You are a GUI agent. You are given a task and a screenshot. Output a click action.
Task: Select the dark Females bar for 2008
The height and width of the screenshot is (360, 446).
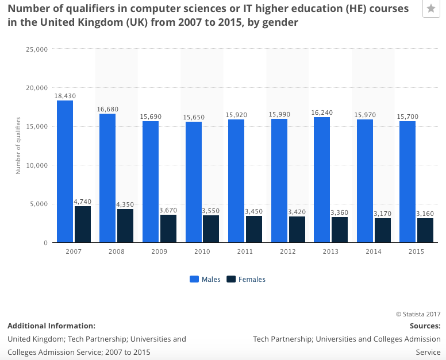pos(125,226)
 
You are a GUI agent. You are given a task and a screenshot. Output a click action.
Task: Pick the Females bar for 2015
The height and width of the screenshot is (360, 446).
pos(425,230)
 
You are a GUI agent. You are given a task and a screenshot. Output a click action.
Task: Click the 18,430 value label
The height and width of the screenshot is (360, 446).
pos(65,96)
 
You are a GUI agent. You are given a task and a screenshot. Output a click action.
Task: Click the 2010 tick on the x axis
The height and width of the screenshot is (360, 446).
pos(202,251)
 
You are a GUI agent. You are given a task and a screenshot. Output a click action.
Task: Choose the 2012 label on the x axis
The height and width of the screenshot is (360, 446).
pos(288,251)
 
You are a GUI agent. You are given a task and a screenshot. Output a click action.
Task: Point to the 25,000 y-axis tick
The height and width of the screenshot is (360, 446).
pos(37,49)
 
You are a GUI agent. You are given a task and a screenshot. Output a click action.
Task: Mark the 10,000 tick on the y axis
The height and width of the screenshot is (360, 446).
pos(37,165)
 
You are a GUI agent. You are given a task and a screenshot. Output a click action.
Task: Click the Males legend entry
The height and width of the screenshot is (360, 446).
pos(205,280)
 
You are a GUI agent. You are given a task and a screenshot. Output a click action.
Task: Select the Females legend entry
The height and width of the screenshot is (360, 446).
pos(246,280)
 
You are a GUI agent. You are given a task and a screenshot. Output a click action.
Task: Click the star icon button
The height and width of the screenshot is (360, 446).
pos(431,9)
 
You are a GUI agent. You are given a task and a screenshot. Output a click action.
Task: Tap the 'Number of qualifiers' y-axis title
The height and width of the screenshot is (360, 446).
pos(18,145)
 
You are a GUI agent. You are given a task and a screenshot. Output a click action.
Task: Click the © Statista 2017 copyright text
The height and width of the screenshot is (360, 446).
pos(418,313)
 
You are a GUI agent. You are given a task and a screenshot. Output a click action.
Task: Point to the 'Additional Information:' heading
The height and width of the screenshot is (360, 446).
pos(51,326)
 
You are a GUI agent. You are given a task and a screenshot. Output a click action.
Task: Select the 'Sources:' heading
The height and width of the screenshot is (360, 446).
pos(425,326)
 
